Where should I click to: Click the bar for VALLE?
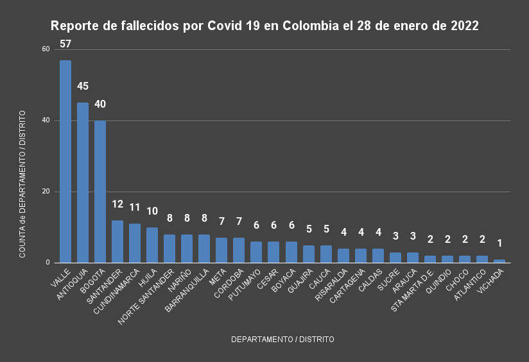(x=65, y=161)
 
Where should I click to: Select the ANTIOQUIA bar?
(x=83, y=183)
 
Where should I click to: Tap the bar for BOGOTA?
(x=100, y=192)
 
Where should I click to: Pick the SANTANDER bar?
(x=117, y=242)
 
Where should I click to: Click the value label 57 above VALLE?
(x=65, y=44)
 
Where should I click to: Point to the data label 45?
(x=83, y=86)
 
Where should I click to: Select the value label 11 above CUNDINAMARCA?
(x=135, y=208)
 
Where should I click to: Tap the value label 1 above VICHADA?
(x=499, y=243)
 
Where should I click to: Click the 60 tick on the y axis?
(x=46, y=49)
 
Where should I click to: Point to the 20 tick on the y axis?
(x=46, y=192)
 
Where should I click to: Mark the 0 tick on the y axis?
(x=48, y=263)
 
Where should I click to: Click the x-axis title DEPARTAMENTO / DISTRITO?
(x=282, y=340)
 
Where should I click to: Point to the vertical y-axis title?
(x=22, y=185)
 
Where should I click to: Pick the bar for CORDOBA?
(x=239, y=251)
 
